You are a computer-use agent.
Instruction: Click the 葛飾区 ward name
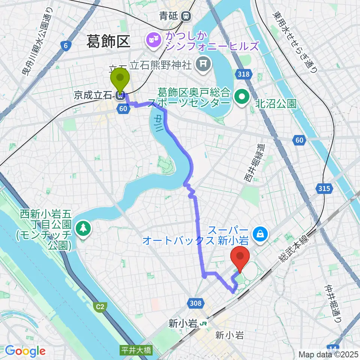tap(108, 41)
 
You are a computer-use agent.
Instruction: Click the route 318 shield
tap(243, 75)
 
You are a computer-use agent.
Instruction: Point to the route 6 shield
tap(66, 46)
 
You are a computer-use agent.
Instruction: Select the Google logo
tap(25, 351)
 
